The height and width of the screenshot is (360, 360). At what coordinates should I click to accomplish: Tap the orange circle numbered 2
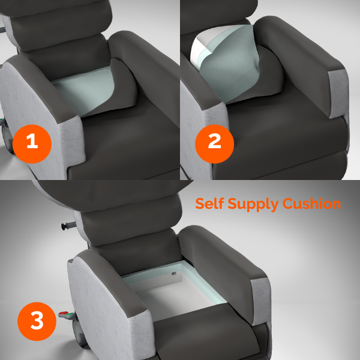click(214, 142)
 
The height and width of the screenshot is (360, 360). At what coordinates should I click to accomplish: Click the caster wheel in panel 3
click(78, 336)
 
